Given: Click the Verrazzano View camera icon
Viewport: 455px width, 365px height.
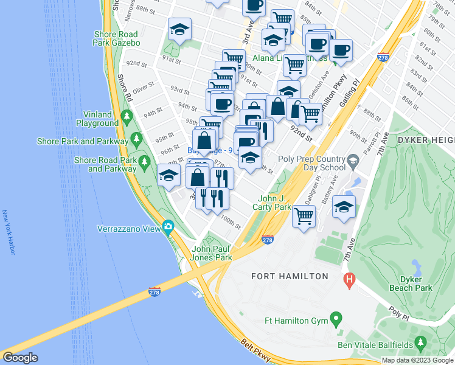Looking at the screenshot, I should click(167, 228).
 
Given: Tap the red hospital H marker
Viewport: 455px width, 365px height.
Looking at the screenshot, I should click(349, 280).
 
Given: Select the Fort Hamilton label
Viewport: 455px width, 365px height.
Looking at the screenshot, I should click(290, 276).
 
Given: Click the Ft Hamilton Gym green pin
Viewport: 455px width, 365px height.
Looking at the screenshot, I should click(335, 319).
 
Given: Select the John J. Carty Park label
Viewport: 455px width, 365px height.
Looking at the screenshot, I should click(275, 203).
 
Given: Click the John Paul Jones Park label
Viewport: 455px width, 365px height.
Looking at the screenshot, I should click(212, 253).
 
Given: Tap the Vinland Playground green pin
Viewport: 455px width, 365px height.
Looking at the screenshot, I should click(127, 116).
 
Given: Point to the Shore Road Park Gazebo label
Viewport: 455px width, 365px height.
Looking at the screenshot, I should click(116, 39).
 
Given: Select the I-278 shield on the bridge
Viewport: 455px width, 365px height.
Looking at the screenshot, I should click(155, 293).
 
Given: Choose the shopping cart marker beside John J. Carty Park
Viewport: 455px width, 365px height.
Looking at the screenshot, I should click(304, 215).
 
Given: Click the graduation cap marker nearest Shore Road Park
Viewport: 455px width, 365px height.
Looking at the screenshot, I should click(168, 175).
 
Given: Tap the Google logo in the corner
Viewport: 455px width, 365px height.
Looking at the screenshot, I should click(20, 358).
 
